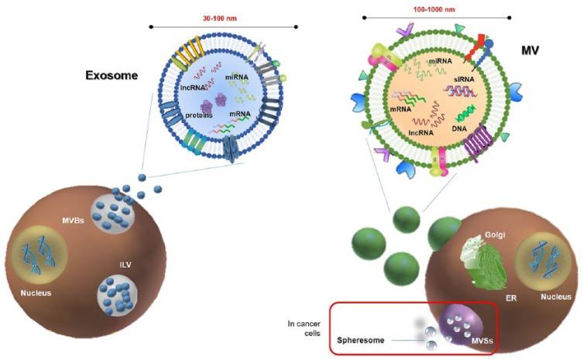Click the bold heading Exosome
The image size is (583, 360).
[111, 77]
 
